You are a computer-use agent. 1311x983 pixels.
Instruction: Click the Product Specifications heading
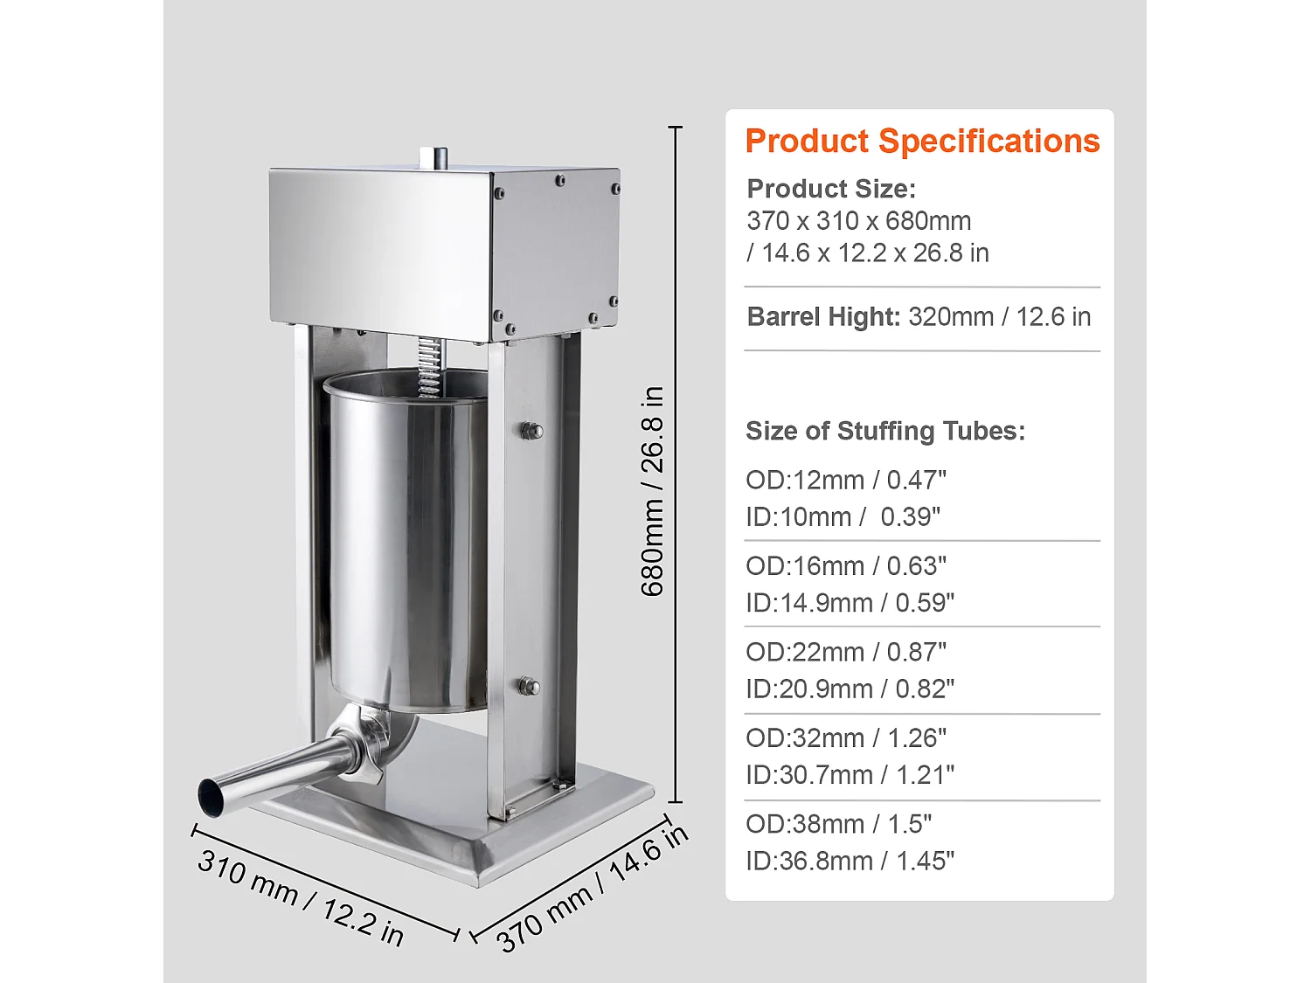click(x=921, y=142)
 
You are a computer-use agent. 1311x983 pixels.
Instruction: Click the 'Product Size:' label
click(x=830, y=189)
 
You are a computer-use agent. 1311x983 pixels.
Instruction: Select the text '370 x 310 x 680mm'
click(x=858, y=221)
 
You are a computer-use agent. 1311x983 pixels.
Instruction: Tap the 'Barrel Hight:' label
click(x=822, y=316)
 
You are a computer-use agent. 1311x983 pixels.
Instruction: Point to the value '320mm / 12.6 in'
click(x=999, y=316)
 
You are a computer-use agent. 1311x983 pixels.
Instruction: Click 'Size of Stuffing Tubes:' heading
click(x=884, y=431)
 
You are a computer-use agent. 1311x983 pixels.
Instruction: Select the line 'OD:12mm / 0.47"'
click(x=845, y=480)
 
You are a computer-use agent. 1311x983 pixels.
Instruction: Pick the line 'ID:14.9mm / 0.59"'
click(x=849, y=603)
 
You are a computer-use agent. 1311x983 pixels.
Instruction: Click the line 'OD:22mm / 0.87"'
click(x=845, y=652)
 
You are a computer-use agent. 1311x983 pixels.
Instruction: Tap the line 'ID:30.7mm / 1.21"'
click(x=849, y=775)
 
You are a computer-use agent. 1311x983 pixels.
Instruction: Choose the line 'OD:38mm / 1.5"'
click(x=838, y=824)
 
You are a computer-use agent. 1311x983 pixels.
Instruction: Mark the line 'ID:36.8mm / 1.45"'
click(x=849, y=861)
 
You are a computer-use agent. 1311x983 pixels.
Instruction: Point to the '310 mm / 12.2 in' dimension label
click(x=300, y=897)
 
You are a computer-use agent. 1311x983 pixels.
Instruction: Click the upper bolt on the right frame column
click(x=531, y=431)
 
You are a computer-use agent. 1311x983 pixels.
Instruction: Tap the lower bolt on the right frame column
click(x=529, y=687)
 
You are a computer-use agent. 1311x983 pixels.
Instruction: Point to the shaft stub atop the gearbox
click(x=434, y=157)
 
